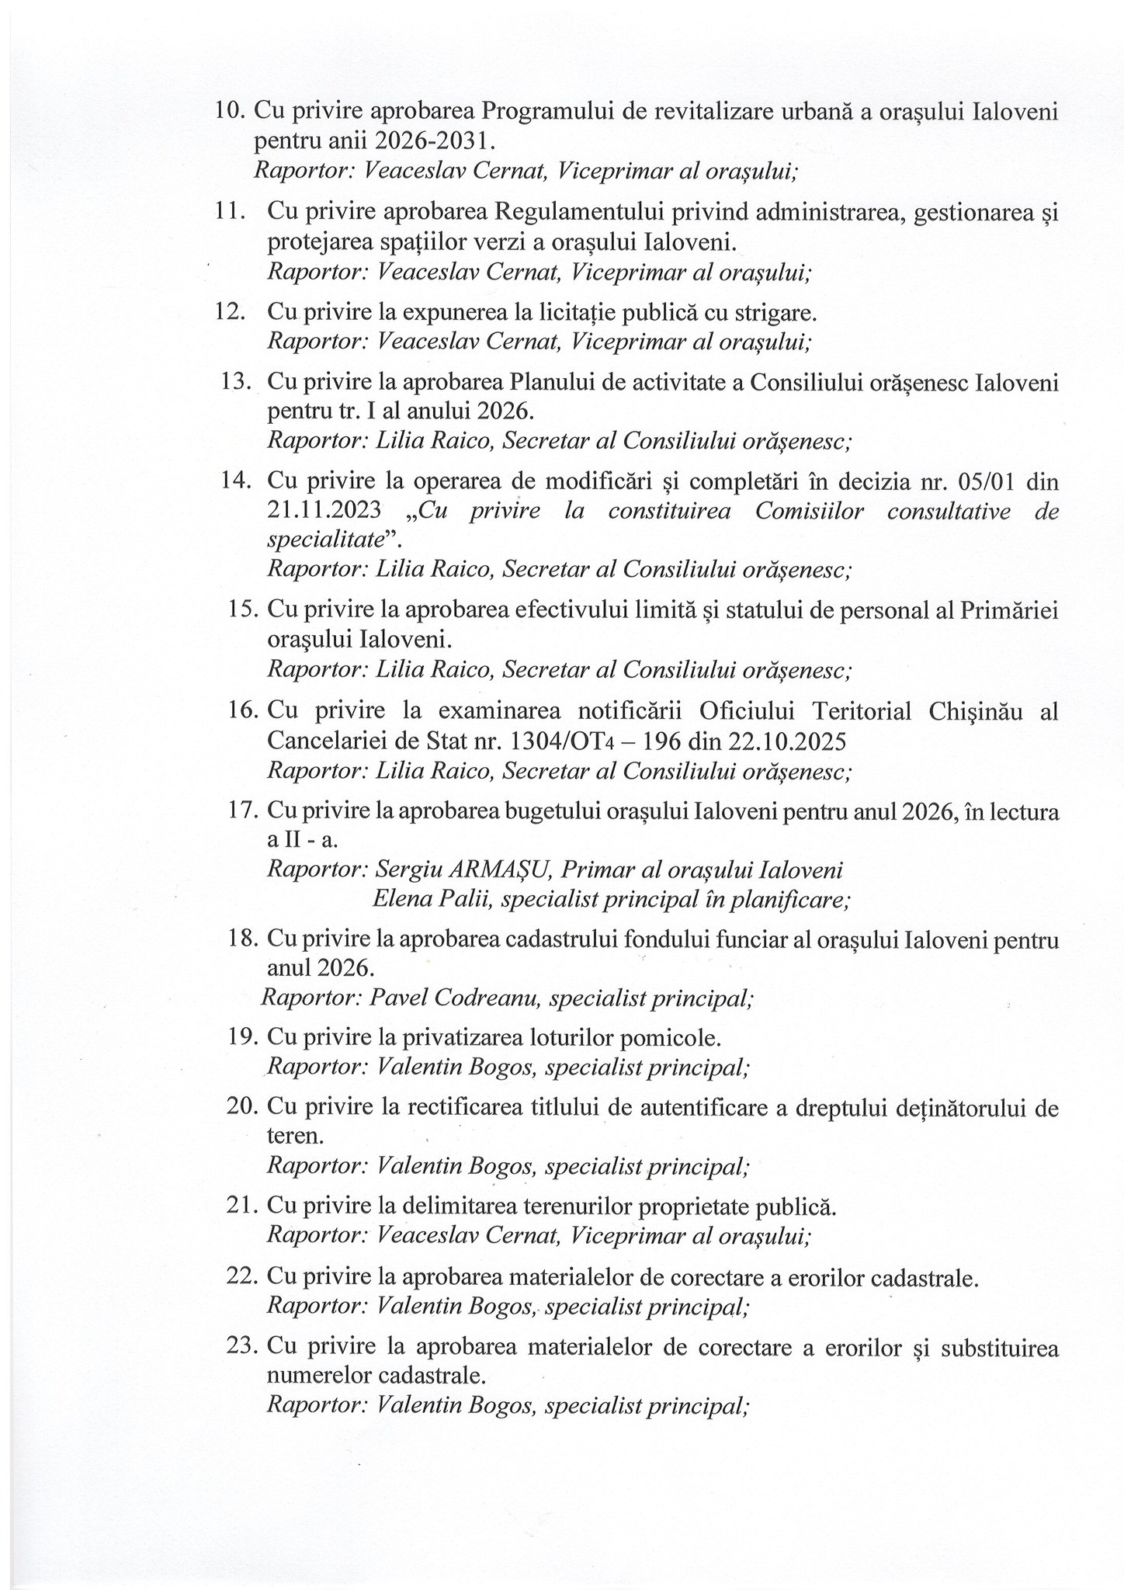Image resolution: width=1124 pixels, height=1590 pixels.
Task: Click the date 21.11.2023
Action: [324, 512]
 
